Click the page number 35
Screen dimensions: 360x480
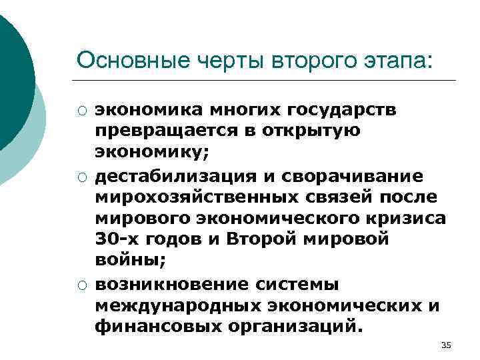point(446,344)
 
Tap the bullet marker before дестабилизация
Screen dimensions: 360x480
point(81,176)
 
